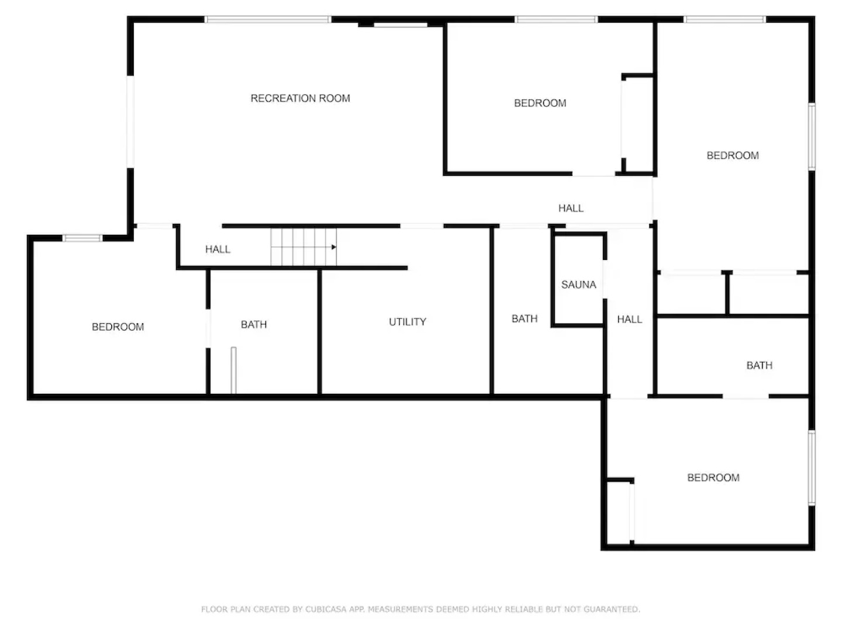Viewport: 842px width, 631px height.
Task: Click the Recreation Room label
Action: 300,98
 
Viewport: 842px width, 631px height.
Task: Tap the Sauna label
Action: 578,285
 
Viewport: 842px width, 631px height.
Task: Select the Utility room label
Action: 408,322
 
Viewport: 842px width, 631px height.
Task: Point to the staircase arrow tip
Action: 334,247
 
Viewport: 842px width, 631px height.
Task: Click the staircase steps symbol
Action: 301,247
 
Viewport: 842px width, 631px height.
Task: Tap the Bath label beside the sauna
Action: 524,318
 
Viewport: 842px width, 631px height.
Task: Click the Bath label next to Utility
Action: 254,324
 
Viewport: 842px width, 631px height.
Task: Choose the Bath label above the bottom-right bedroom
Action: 759,365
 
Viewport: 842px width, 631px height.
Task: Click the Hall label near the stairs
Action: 218,249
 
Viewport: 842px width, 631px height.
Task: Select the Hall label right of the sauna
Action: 629,319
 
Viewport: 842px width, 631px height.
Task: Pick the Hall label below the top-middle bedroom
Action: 571,208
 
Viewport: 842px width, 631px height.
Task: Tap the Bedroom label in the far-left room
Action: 118,327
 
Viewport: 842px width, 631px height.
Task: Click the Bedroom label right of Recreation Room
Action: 540,103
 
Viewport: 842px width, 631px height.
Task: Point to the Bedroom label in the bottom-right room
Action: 713,478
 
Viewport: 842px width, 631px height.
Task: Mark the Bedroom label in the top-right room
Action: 732,155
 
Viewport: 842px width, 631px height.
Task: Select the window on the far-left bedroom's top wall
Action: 82,238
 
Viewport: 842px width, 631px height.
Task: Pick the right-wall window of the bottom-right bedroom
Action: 812,467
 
